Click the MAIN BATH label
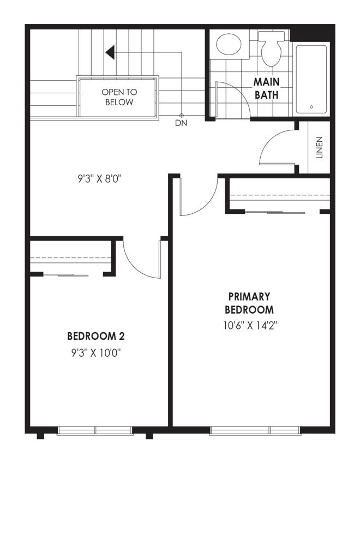[266, 88]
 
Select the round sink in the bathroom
[229, 44]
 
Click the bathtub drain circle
[311, 107]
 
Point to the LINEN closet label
[319, 147]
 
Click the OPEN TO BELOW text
[119, 97]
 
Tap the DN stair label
[181, 123]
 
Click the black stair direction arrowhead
[110, 52]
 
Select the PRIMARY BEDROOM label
[249, 303]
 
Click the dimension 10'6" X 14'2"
[250, 326]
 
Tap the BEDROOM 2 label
[96, 336]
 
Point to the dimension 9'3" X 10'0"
[97, 353]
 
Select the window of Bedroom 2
[95, 430]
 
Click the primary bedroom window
[255, 430]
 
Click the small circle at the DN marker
[182, 116]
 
